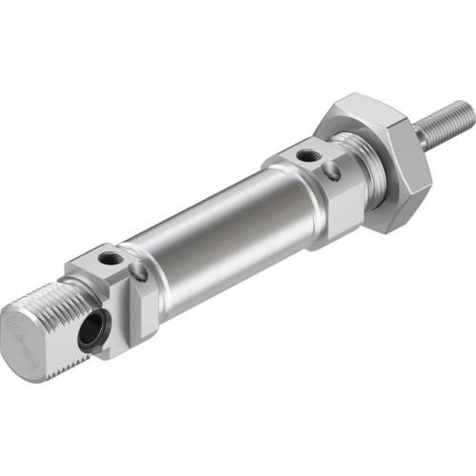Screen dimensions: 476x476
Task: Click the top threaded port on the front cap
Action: (307, 153)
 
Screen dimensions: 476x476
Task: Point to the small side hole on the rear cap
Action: (139, 273)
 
